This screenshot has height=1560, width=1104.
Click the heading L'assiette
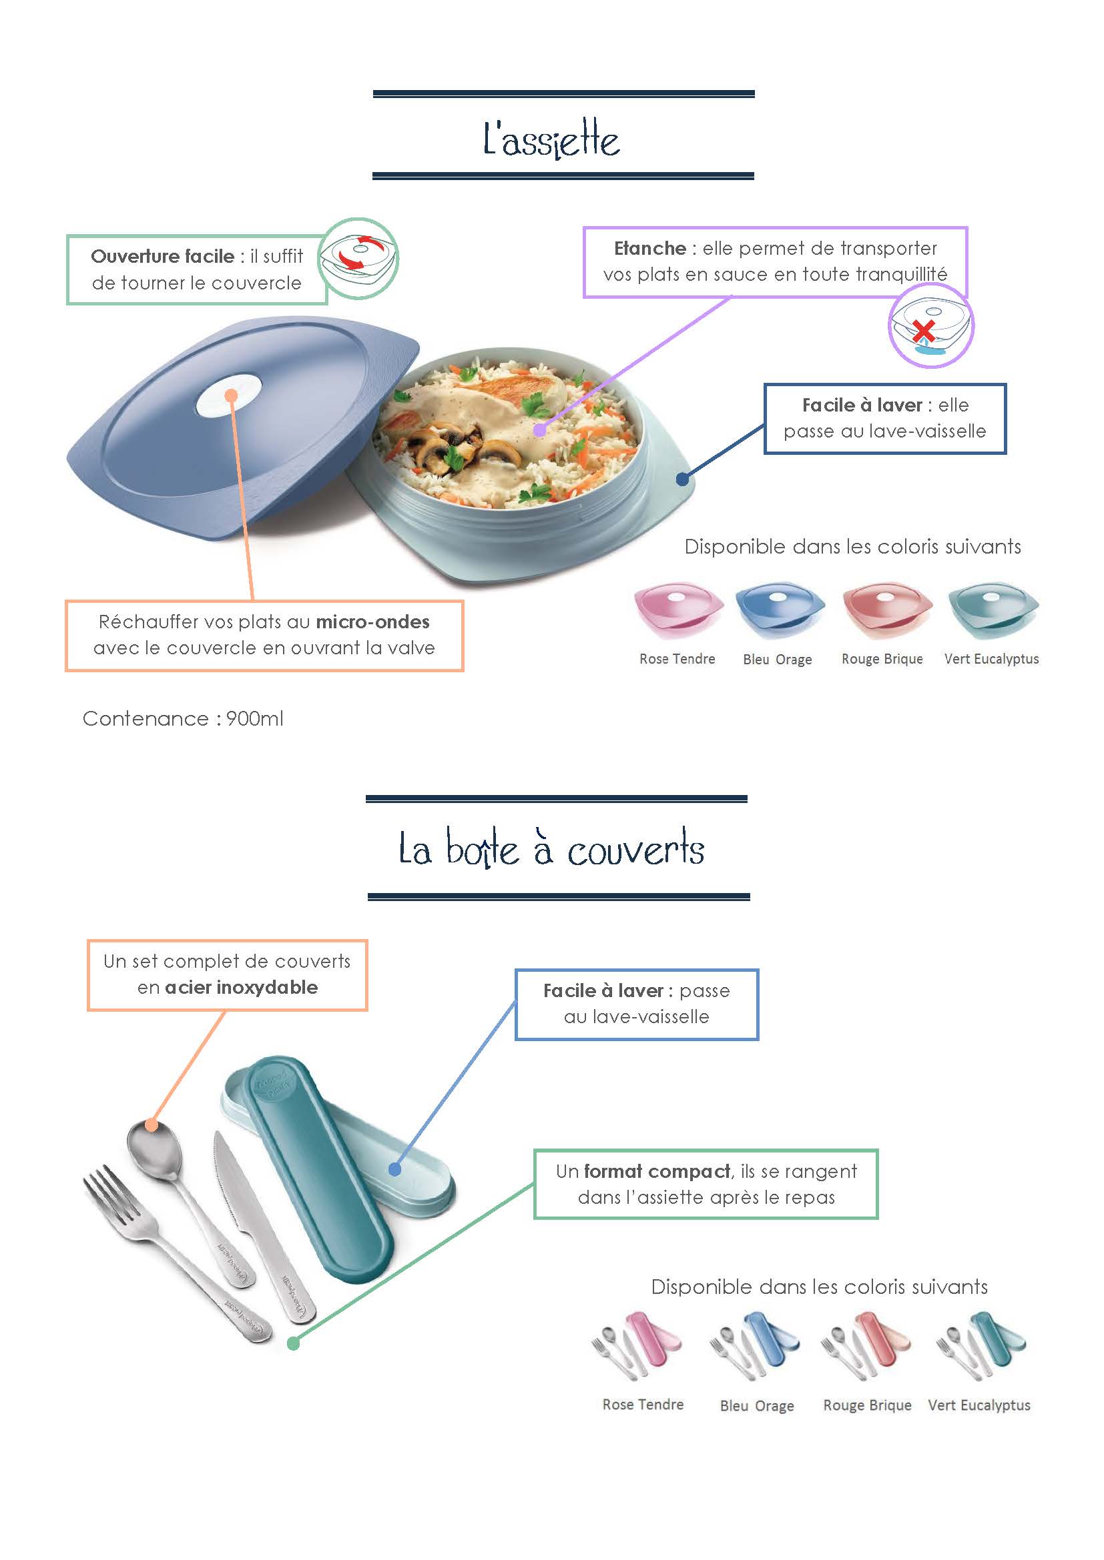[551, 139]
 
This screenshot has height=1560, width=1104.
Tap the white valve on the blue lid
[229, 396]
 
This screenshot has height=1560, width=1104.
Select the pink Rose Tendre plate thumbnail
[678, 610]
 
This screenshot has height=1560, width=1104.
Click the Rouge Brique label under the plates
[882, 658]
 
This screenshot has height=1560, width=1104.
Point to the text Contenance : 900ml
[183, 718]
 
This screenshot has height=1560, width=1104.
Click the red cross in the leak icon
[922, 331]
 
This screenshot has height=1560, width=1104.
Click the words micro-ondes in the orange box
[372, 622]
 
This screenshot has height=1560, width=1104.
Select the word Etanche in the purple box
[650, 248]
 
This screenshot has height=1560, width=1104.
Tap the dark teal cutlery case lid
[317, 1169]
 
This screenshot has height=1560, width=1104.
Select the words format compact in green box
[657, 1171]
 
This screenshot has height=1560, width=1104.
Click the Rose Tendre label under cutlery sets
[643, 1405]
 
